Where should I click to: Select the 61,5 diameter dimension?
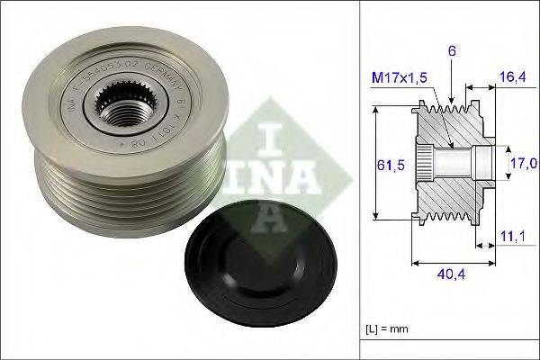pos(386,165)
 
